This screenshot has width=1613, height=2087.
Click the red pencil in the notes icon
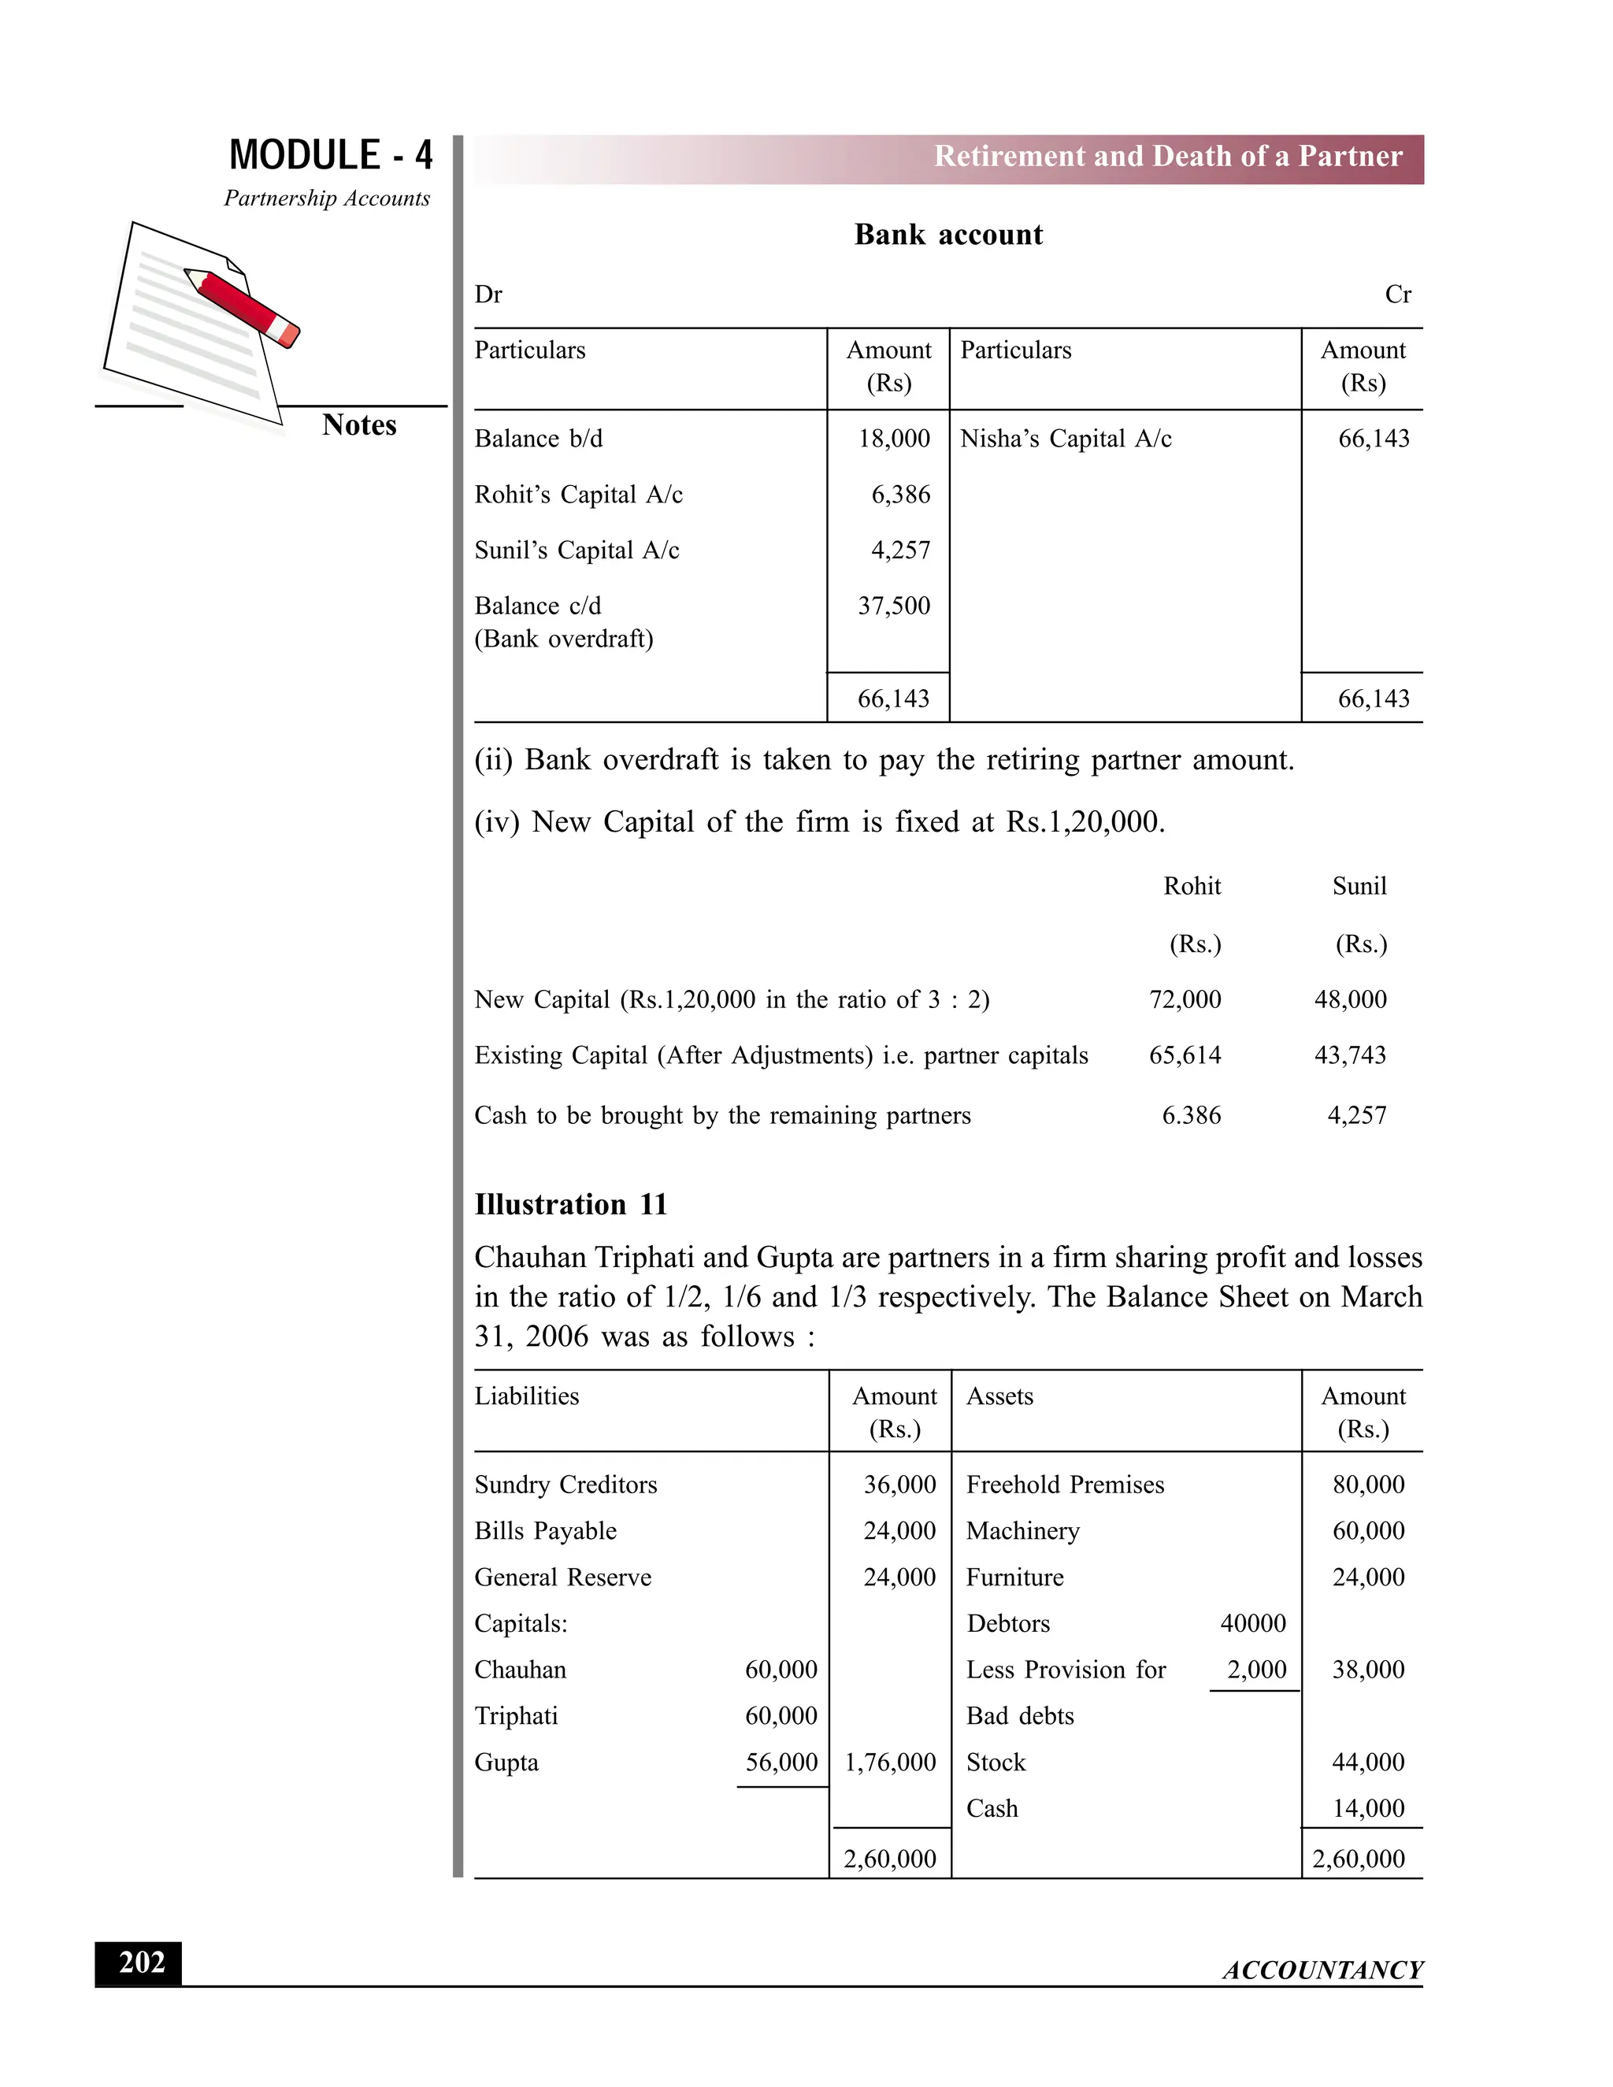pyautogui.click(x=243, y=306)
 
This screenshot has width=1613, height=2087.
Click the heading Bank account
pyautogui.click(x=948, y=234)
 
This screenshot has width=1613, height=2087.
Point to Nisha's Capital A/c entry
pyautogui.click(x=1066, y=439)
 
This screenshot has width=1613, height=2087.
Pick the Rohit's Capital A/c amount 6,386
pyautogui.click(x=900, y=494)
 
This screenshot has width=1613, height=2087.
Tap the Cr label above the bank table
pyautogui.click(x=1397, y=295)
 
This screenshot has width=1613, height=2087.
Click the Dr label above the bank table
pyautogui.click(x=488, y=295)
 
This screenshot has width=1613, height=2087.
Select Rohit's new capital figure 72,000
pyautogui.click(x=1185, y=999)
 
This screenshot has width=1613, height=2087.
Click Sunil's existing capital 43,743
pyautogui.click(x=1349, y=1055)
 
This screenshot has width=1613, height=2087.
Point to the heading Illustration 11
pyautogui.click(x=570, y=1204)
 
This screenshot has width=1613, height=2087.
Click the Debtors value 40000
pyautogui.click(x=1253, y=1624)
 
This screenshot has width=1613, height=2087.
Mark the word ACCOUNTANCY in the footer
pyautogui.click(x=1322, y=1970)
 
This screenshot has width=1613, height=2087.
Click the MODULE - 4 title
pyautogui.click(x=331, y=155)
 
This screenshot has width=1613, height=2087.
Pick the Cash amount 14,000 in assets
pyautogui.click(x=1368, y=1808)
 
